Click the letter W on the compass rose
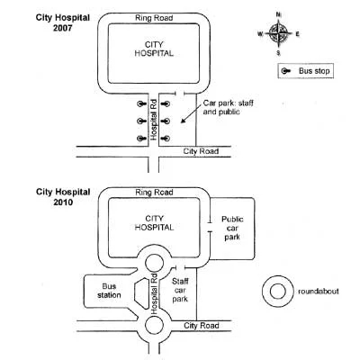[261, 34]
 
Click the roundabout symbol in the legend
[276, 291]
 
